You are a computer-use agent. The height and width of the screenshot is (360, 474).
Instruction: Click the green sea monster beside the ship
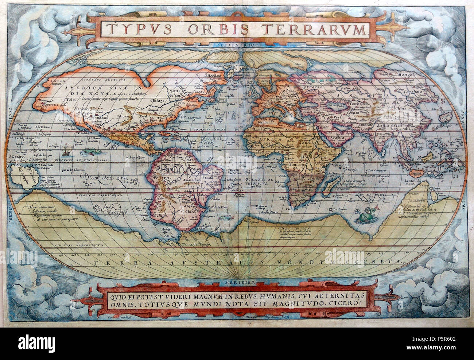tap(89, 150)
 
